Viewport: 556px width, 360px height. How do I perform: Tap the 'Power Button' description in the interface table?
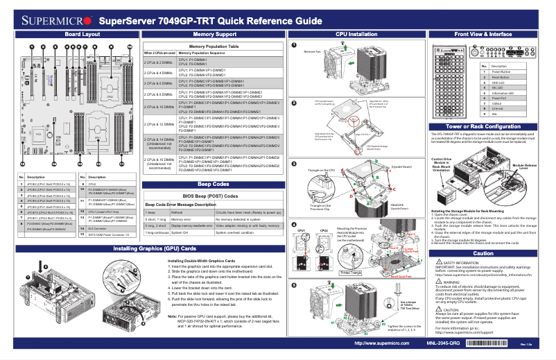(503, 72)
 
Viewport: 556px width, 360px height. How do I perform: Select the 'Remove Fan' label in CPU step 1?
(312, 51)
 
